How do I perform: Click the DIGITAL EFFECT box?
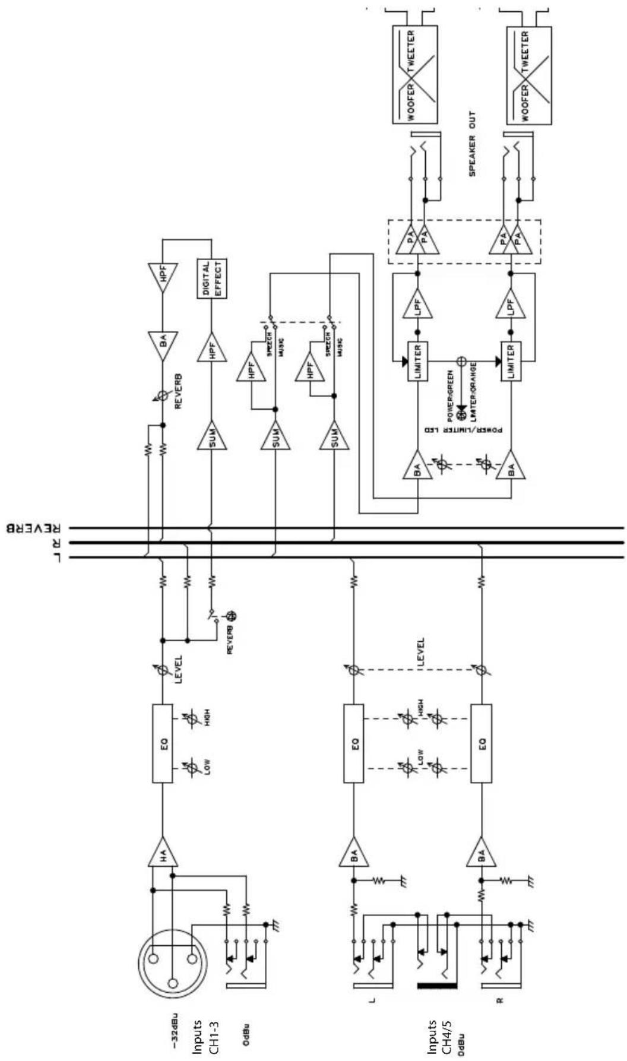212,278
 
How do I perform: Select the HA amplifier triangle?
163,855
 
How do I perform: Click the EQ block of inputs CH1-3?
163,743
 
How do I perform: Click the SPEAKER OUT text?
473,144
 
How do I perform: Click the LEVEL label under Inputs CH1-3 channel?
178,670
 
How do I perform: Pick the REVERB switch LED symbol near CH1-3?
233,616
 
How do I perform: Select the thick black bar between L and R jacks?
437,986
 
